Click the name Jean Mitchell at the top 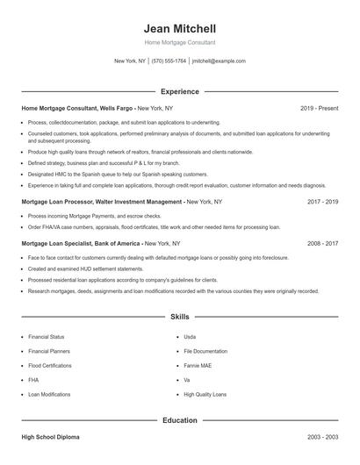pos(180,28)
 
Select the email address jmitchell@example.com pos(219,61)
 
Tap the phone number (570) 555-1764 pos(169,61)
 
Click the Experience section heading pos(180,91)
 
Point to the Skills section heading pos(180,316)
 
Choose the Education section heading pos(180,420)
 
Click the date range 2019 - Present pos(319,108)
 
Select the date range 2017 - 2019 pos(322,201)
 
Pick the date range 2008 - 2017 pos(322,243)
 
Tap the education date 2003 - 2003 pos(322,436)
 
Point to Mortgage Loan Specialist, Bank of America pos(81,243)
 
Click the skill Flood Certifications pos(49,365)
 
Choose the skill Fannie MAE pos(198,365)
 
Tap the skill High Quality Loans pos(205,395)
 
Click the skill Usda pos(190,336)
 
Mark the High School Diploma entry pos(51,436)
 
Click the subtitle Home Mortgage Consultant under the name pos(180,42)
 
